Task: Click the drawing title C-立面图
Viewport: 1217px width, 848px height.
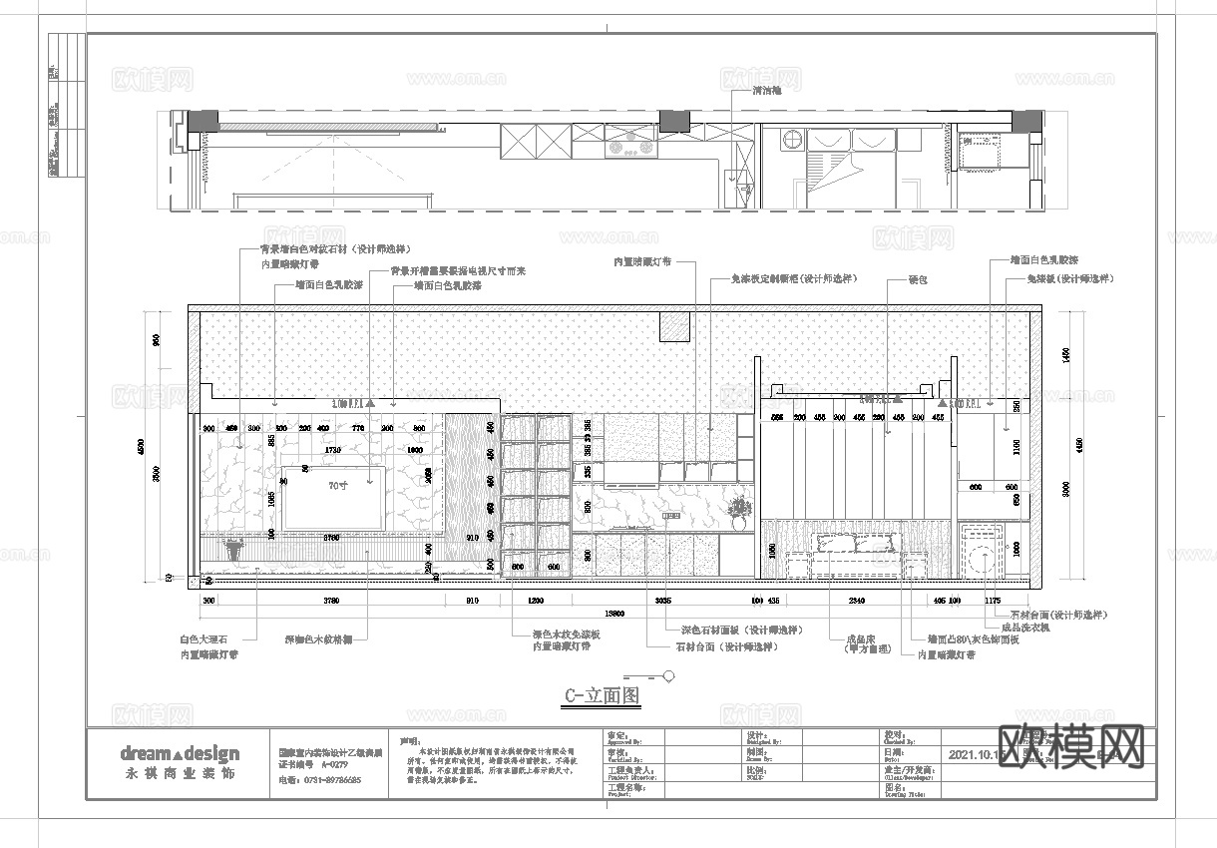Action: pos(602,696)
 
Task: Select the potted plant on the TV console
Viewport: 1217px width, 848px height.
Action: pos(235,550)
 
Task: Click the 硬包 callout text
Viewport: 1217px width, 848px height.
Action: pos(918,280)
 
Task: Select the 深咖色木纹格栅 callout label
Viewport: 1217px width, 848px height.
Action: pos(319,638)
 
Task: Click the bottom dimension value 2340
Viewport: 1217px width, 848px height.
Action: pos(856,601)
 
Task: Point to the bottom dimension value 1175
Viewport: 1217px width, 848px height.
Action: pos(993,601)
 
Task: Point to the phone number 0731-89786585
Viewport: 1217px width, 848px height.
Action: pos(320,780)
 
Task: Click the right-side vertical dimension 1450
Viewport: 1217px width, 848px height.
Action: pos(1068,354)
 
